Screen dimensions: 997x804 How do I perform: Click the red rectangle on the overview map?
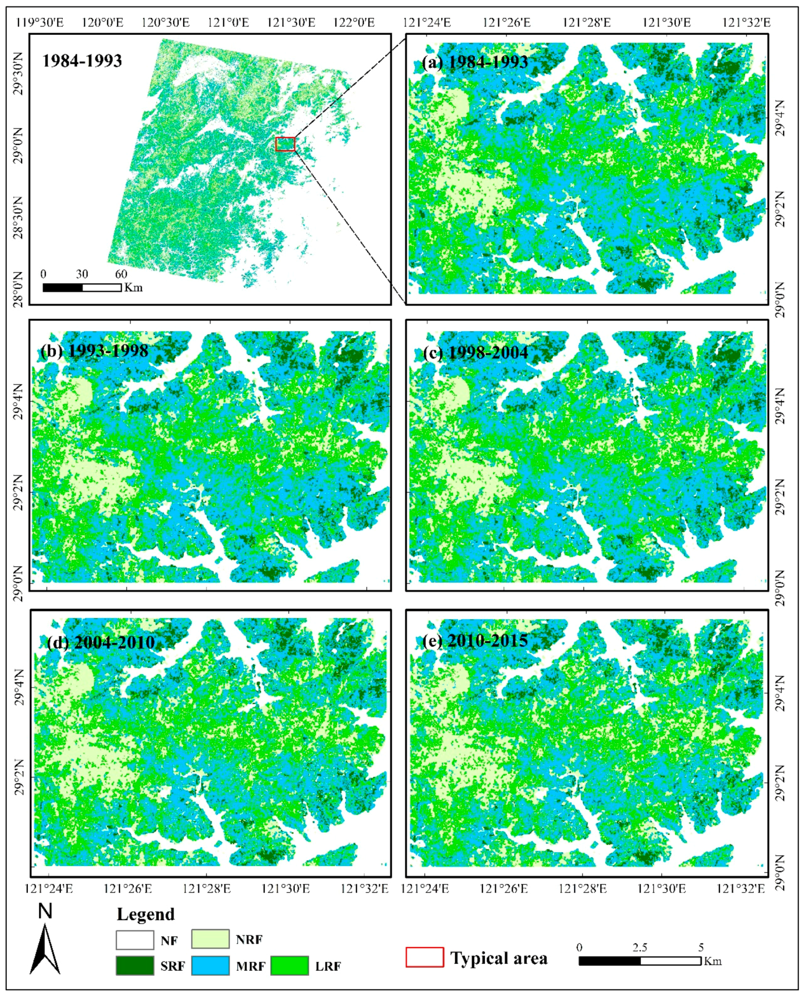tap(285, 144)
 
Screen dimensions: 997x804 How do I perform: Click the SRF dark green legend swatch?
tap(135, 966)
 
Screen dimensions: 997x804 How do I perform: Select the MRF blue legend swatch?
tap(210, 966)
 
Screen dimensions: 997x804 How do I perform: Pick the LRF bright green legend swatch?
tap(290, 966)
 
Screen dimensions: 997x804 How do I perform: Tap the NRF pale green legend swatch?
tap(210, 939)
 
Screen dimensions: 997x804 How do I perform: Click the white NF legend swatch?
tap(135, 940)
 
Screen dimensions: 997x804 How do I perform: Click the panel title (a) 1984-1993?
tap(475, 62)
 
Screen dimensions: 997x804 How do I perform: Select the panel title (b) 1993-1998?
tap(95, 350)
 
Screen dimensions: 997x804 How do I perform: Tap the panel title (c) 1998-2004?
tap(476, 352)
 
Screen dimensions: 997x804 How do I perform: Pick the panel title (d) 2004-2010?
tap(101, 642)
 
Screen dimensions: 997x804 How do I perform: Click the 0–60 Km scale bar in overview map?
tap(82, 288)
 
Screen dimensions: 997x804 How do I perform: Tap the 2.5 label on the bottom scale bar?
tap(640, 947)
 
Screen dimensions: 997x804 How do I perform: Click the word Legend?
tap(146, 914)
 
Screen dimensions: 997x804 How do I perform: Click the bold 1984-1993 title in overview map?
tap(82, 61)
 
